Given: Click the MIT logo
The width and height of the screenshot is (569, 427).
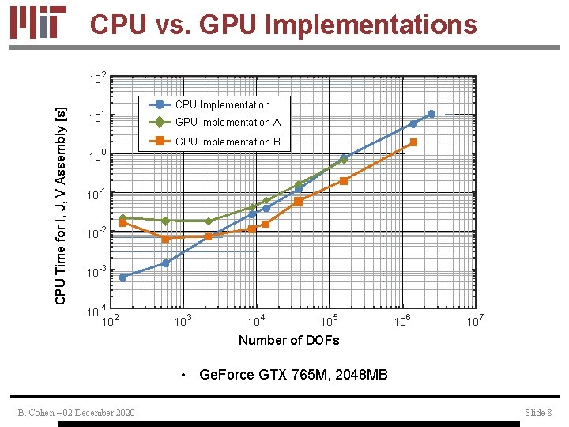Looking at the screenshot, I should coord(39,23).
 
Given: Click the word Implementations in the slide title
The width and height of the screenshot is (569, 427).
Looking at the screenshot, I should coord(371,25).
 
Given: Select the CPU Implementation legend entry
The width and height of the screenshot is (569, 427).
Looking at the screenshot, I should coord(222,104).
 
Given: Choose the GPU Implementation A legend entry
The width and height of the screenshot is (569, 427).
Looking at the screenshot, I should coord(228,122).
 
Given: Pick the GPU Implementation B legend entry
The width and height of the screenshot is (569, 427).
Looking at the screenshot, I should coord(228,142).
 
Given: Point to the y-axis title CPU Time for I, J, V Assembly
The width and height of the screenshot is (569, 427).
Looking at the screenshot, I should coord(61,195).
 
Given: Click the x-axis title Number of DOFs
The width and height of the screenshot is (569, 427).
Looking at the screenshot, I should coord(288,340).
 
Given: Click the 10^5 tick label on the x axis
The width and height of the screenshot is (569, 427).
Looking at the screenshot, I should coord(330,320).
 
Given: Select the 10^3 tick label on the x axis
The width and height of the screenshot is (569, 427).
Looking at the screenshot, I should coord(183,320).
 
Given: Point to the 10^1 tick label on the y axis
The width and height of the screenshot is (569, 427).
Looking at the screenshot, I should coord(97,118).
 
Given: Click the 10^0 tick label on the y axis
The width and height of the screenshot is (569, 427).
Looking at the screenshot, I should coord(97,157).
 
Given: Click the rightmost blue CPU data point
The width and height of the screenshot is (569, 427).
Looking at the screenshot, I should coord(431,114).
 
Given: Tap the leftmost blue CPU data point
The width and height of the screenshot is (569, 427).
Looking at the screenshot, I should coord(122,277).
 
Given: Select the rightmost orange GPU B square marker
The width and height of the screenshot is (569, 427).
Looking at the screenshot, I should coord(413,142).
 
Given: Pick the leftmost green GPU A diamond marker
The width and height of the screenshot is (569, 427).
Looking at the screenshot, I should coord(122,218).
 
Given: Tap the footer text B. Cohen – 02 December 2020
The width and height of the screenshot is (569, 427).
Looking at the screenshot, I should coord(77,412).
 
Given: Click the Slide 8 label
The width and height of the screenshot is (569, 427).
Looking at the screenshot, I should coord(538,412).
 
